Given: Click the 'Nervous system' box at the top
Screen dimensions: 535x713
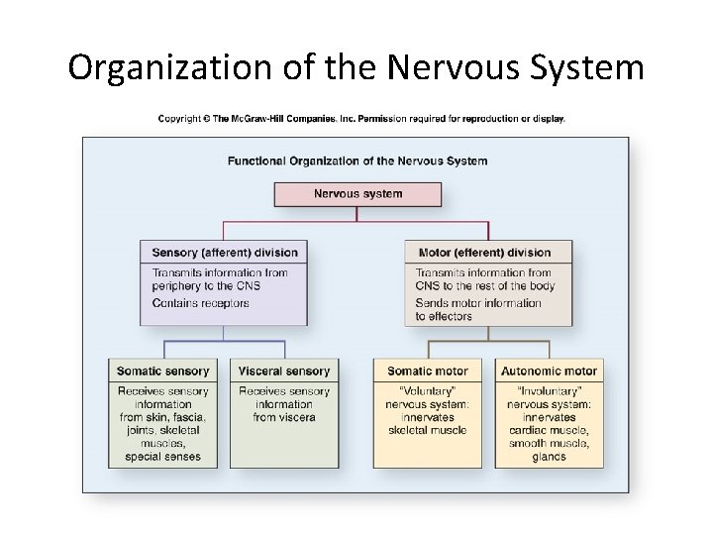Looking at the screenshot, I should (x=357, y=193).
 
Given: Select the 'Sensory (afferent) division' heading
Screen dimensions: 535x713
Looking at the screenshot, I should (x=224, y=252).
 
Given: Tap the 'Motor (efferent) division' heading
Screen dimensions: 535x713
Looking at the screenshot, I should (x=484, y=252).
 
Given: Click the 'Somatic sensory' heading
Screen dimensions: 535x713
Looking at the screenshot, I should (x=163, y=371).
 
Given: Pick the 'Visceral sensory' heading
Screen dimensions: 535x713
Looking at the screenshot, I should (x=284, y=371).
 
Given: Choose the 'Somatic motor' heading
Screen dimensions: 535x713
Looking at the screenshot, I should (x=427, y=371).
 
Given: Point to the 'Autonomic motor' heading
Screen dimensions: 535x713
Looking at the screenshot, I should (x=549, y=371).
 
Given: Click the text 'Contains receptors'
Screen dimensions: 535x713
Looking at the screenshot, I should (x=201, y=303).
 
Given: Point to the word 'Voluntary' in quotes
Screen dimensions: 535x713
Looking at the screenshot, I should (x=428, y=391).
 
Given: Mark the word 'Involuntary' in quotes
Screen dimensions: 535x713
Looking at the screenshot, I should (x=549, y=391).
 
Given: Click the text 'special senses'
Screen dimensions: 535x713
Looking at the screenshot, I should (x=163, y=457).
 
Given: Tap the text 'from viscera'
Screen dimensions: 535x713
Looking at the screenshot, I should (x=284, y=417).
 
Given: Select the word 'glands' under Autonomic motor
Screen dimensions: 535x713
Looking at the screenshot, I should (x=549, y=457).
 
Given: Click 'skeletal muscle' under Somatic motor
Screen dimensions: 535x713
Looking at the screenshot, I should (x=428, y=430).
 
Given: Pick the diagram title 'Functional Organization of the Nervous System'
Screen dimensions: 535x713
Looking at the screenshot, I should (x=357, y=160).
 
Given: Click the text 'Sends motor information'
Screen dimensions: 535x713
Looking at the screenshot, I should (x=478, y=303).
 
